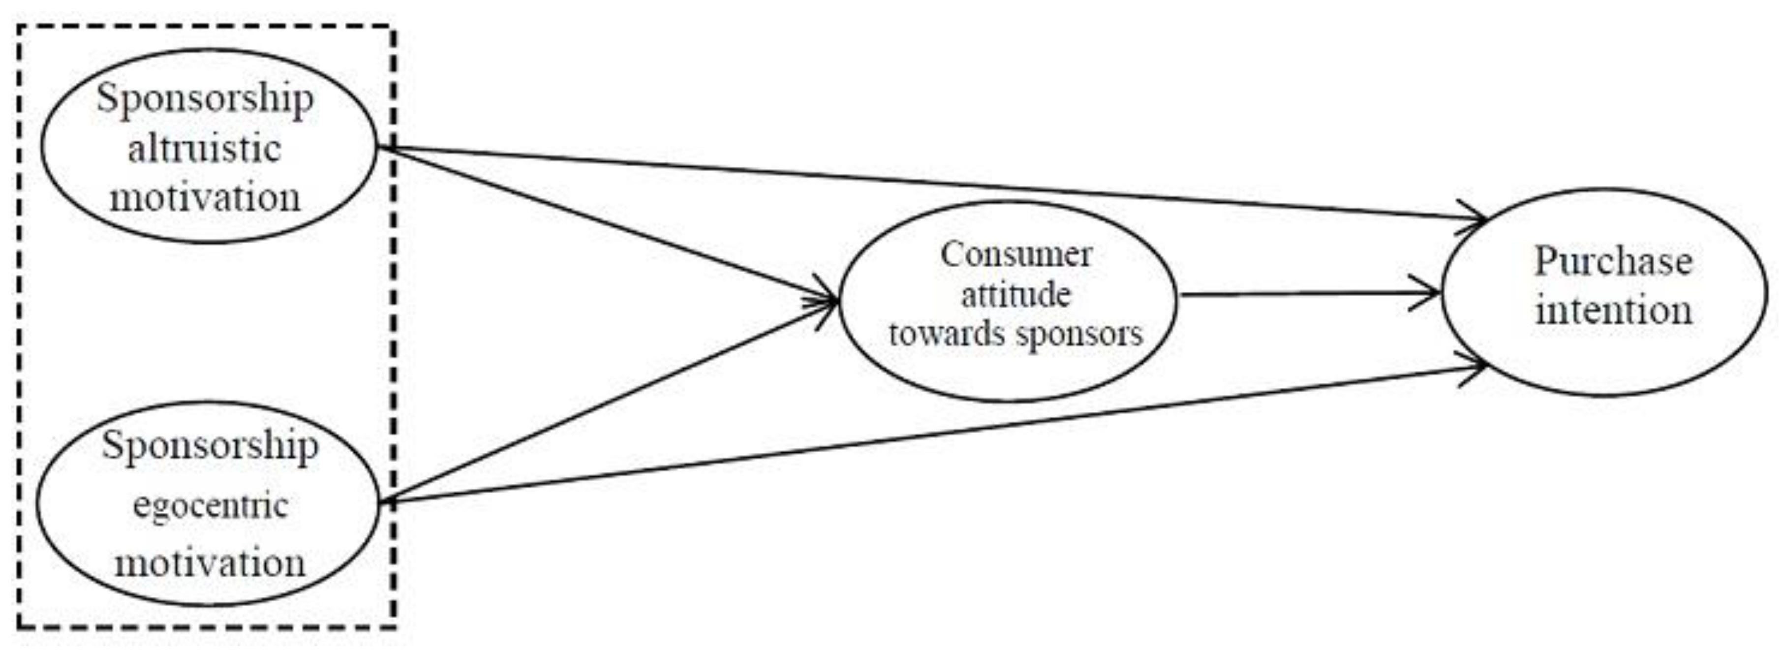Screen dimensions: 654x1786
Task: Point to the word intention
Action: (x=1613, y=310)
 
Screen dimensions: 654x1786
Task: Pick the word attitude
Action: (x=1016, y=295)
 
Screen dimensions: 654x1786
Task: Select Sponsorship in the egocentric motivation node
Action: (x=210, y=446)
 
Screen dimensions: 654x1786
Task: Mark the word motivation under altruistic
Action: (x=205, y=198)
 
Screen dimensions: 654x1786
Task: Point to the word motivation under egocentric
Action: (x=210, y=563)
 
